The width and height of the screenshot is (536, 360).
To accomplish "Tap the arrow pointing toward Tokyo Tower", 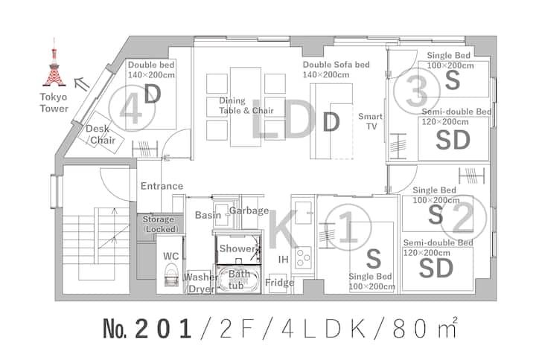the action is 82,83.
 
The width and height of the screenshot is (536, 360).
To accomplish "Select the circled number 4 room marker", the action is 132,109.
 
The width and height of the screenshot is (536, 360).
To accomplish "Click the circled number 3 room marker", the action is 417,91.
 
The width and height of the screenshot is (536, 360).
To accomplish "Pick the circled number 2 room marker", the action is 463,218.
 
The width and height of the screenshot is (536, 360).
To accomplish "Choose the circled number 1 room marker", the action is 348,227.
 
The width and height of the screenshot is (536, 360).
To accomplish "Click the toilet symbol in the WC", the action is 171,274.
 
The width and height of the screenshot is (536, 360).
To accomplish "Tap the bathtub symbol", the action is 239,280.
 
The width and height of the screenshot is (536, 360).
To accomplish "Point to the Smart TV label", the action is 371,121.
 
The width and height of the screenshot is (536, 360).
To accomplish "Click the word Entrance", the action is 162,186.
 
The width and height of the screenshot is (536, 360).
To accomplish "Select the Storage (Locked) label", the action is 160,224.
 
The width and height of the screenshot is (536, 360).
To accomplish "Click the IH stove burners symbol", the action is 303,257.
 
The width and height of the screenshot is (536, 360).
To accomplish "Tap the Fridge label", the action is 280,283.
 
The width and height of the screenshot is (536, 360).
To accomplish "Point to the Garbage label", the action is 249,210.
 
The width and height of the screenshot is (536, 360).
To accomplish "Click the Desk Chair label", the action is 100,134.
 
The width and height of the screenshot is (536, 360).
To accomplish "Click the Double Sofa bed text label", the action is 336,69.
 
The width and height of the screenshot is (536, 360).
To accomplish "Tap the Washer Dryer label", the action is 201,283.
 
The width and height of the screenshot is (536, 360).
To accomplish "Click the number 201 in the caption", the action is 163,330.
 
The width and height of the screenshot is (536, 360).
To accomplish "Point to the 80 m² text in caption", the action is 424,328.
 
